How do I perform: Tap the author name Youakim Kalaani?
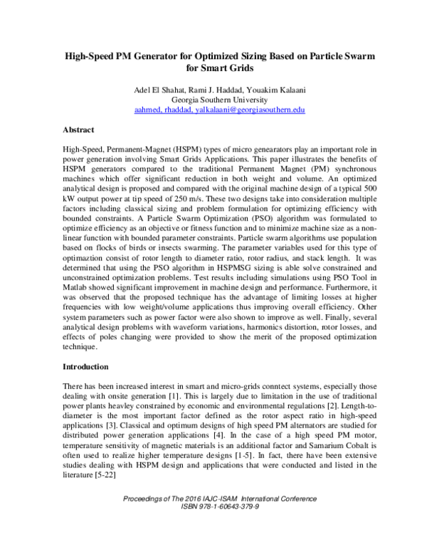269,89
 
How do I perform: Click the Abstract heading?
80,132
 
